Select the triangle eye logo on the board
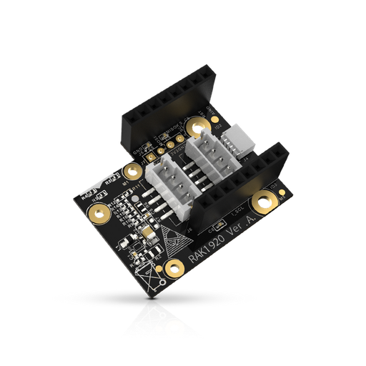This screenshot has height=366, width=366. (174, 239)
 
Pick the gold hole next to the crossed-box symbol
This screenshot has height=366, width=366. (172, 268)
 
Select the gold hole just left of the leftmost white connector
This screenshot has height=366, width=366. (132, 172)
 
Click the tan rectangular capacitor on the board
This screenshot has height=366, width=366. (147, 234)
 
